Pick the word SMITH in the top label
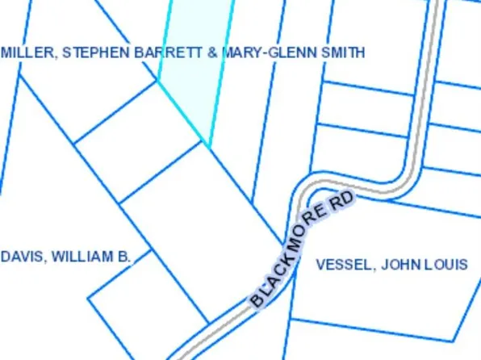tap(345, 52)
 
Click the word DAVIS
tap(22, 257)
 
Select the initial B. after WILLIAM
tap(123, 257)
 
